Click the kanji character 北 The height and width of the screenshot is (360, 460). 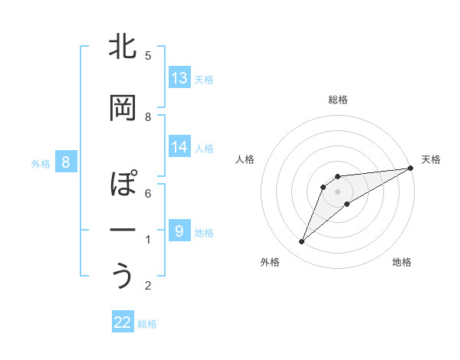coord(123,47)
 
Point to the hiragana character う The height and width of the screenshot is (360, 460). coord(123,276)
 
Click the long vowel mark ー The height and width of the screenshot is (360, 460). coord(123,231)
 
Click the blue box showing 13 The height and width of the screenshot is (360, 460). coord(179,78)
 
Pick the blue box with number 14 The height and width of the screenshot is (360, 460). coord(179,147)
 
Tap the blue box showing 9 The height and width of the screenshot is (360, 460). coord(179,231)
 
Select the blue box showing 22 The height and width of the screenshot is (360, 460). coord(123,322)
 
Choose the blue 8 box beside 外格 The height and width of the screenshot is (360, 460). coord(66,162)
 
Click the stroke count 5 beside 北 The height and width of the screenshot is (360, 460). coord(148,56)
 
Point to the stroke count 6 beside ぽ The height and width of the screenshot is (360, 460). coord(148,194)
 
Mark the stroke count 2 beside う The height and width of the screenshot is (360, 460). coord(148,286)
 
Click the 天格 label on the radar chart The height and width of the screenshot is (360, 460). coord(431,159)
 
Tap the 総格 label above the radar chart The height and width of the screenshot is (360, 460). coord(338,100)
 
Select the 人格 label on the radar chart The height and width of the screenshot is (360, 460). coord(245,159)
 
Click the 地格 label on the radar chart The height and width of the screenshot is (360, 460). coord(402,262)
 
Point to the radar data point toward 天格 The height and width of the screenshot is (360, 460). coord(410,168)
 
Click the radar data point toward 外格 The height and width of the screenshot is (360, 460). coord(301,242)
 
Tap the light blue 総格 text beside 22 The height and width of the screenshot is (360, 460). coord(148,324)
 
